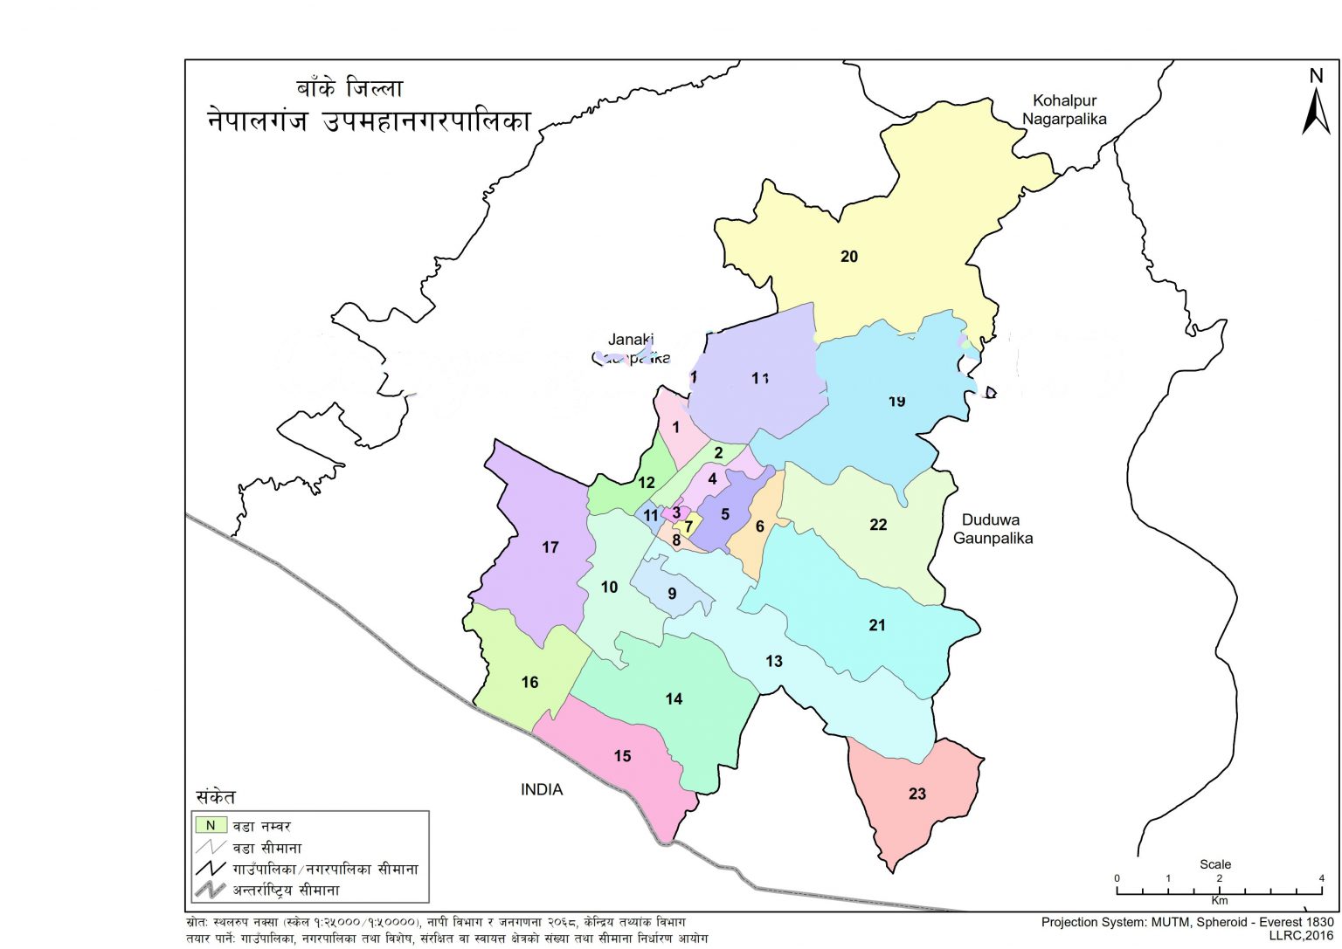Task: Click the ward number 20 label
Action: tap(849, 257)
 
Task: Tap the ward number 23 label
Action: tap(917, 794)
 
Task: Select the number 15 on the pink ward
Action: tap(622, 756)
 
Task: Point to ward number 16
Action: tap(530, 683)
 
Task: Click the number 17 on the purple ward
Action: tap(550, 547)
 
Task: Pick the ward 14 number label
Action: tap(674, 698)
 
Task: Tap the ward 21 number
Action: tap(877, 625)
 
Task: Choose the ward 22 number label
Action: tap(878, 525)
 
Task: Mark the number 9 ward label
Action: tap(672, 594)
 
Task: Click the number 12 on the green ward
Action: tap(647, 483)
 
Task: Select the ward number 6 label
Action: tap(759, 526)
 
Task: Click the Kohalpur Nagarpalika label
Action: tap(1064, 110)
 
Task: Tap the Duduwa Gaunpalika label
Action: tap(993, 529)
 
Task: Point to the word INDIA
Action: tap(542, 789)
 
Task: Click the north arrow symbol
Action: tap(1316, 105)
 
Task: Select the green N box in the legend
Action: tap(210, 825)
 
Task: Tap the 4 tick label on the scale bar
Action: tap(1321, 878)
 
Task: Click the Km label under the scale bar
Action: tap(1219, 900)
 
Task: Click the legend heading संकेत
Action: tap(215, 797)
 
